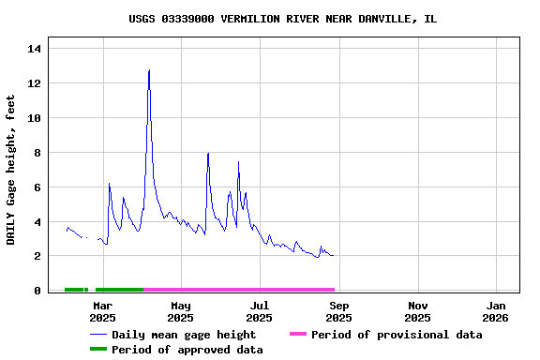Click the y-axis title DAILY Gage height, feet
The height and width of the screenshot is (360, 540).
[11, 170]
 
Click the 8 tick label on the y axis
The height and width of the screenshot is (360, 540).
[35, 153]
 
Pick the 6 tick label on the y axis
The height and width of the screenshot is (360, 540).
[35, 187]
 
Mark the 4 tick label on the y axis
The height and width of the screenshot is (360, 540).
[35, 222]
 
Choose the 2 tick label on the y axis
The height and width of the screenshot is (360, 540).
[35, 256]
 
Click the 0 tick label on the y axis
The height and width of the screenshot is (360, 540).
[35, 291]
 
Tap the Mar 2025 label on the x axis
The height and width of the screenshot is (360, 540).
[102, 311]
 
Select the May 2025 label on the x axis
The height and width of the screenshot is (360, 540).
[181, 311]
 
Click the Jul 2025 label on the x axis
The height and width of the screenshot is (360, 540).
[260, 311]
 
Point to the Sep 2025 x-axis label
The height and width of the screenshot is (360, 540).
[339, 311]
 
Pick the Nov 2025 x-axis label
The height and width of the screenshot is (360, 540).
[418, 311]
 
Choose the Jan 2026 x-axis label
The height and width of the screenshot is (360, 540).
[497, 311]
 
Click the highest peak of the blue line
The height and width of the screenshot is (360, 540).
[149, 70]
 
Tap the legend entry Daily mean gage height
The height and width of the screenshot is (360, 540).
[183, 335]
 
